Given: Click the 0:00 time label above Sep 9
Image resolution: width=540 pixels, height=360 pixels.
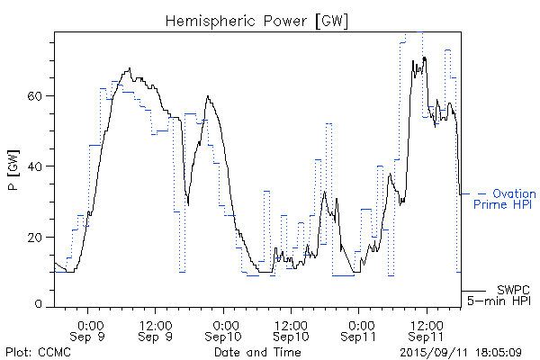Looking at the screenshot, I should [89, 324].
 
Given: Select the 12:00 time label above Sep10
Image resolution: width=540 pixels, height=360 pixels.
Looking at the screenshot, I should [292, 324].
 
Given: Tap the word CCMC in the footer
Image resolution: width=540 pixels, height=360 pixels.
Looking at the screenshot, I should [55, 352].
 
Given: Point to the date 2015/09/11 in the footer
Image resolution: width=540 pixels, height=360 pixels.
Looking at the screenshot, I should [436, 352].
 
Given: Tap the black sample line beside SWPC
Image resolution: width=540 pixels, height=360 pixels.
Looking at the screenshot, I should [474, 291].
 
